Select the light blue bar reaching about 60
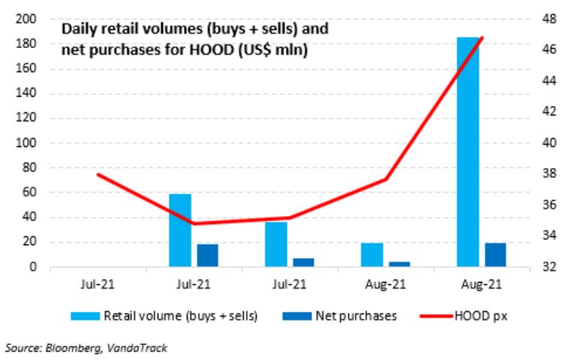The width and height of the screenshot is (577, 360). click(x=180, y=229)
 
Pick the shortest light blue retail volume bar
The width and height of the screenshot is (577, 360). click(x=371, y=254)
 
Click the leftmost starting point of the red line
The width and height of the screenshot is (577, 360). click(x=98, y=174)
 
